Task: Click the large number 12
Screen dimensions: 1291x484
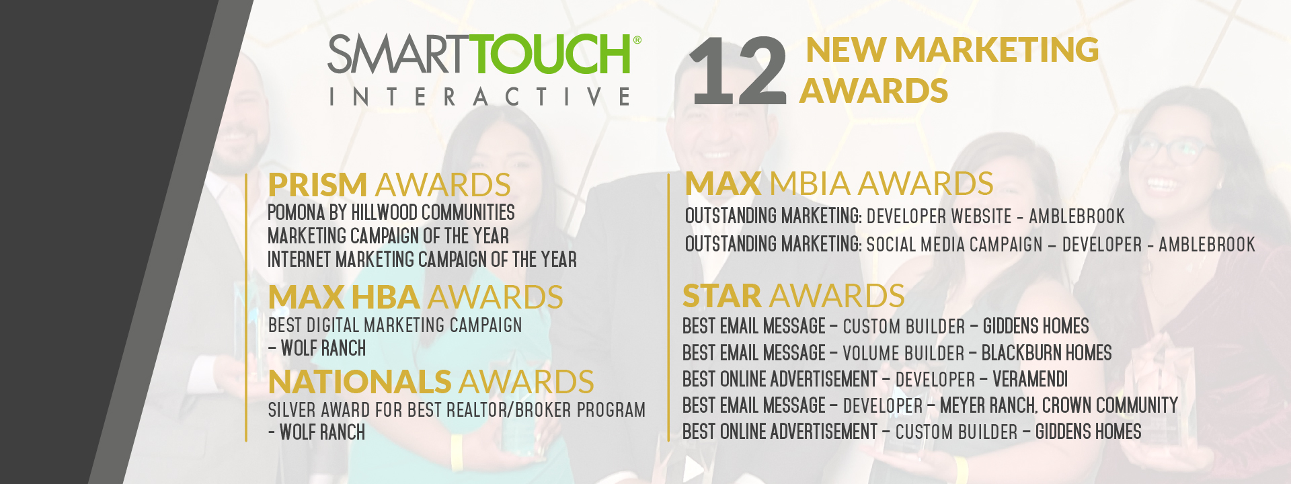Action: click(738, 71)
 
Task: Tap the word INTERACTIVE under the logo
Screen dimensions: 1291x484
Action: click(479, 97)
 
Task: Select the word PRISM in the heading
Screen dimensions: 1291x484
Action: click(317, 185)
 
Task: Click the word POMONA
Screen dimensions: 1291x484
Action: click(297, 212)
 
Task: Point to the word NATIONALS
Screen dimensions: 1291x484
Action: click(360, 382)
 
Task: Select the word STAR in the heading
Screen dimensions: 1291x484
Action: click(721, 296)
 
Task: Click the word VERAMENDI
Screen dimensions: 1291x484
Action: click(1030, 379)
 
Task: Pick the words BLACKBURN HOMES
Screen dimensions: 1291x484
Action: click(1046, 353)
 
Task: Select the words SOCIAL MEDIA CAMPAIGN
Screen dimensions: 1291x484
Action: click(954, 245)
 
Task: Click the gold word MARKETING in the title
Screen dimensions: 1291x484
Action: click(996, 50)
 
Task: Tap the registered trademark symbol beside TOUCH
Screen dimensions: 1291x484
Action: click(637, 40)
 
